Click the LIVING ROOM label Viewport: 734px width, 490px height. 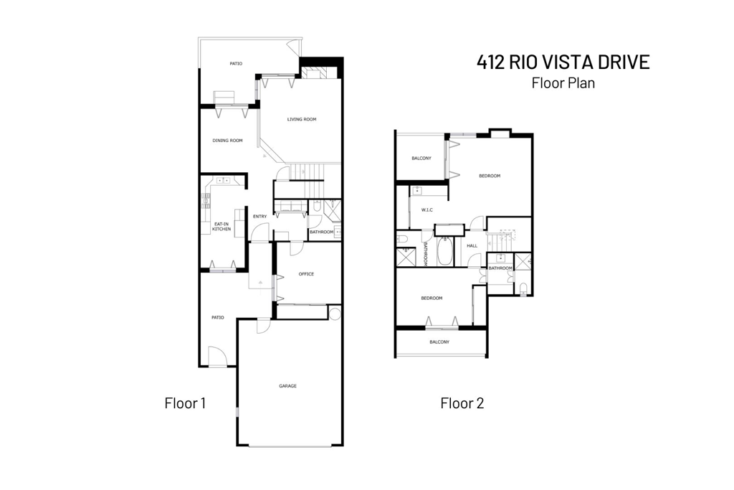[302, 119]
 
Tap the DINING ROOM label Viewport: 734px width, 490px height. [227, 141]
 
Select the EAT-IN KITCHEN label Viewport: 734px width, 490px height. [221, 227]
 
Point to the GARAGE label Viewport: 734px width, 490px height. [287, 386]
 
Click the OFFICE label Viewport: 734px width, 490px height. [307, 274]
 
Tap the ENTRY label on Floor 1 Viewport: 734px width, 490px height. [259, 217]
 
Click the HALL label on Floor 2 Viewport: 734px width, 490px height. [472, 245]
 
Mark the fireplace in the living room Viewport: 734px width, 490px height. [314, 72]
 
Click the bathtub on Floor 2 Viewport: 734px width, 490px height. [445, 251]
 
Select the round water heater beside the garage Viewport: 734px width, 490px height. [334, 313]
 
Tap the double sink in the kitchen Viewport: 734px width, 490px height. [222, 181]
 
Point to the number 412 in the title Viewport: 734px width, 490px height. [492, 62]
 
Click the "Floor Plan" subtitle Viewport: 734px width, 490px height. [563, 83]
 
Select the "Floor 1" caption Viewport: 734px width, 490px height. [185, 403]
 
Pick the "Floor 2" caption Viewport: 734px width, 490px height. [462, 403]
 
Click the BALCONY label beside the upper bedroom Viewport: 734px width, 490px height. [421, 159]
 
